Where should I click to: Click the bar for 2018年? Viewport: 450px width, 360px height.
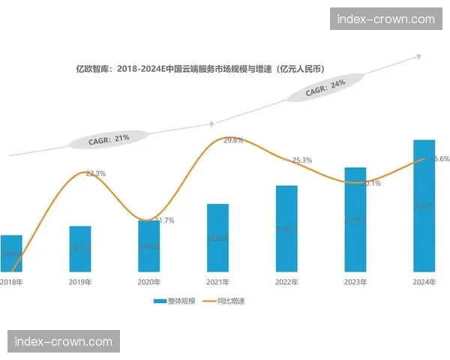pyautogui.click(x=11, y=253)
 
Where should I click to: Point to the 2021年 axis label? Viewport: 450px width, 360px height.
pyautogui.click(x=217, y=283)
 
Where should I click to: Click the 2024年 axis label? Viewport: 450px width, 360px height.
pyautogui.click(x=424, y=283)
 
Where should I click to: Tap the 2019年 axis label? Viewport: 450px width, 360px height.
pyautogui.click(x=79, y=283)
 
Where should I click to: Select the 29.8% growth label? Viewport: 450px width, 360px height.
pyautogui.click(x=233, y=141)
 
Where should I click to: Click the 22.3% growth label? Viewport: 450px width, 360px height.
pyautogui.click(x=95, y=173)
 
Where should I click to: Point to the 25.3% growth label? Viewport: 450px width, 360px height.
pyautogui.click(x=302, y=160)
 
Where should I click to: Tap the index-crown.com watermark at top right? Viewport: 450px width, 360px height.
pyautogui.click(x=385, y=19)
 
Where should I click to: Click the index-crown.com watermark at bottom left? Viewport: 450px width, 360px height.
pyautogui.click(x=64, y=342)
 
